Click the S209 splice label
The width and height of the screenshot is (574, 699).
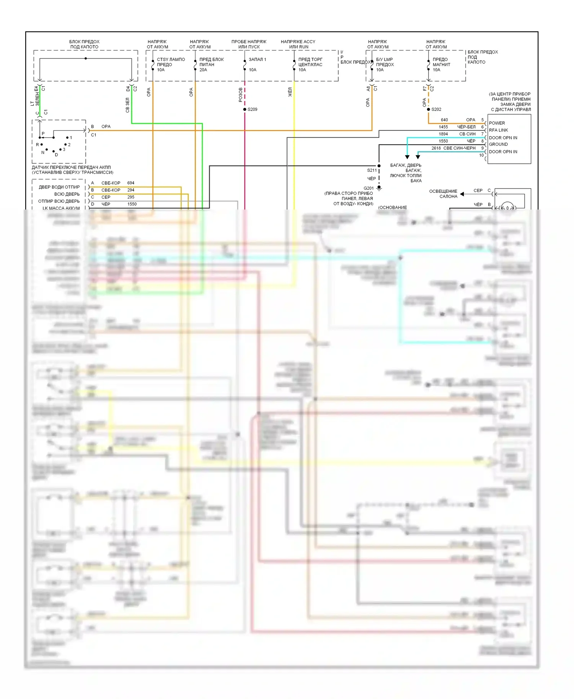[252, 109]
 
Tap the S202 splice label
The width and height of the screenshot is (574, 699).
[436, 109]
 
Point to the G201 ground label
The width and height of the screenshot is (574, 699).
[369, 188]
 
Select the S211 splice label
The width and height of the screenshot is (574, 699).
[372, 170]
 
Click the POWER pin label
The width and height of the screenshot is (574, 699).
[497, 123]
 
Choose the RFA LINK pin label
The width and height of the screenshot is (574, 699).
[498, 130]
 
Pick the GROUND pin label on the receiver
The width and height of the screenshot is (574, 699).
[498, 144]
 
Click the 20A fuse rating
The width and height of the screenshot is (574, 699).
[203, 70]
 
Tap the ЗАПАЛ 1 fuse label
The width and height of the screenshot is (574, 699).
[257, 60]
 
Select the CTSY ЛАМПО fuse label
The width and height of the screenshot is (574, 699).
[171, 60]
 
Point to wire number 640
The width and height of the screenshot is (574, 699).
[444, 120]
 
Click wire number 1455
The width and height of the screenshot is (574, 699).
[443, 127]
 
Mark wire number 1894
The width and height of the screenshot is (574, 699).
[443, 134]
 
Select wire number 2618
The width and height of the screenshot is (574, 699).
[436, 148]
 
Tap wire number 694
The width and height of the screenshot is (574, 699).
[131, 183]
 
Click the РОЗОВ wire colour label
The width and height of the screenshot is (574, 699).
[241, 95]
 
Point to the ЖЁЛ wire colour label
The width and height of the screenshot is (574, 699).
[290, 92]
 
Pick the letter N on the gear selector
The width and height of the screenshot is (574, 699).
[43, 153]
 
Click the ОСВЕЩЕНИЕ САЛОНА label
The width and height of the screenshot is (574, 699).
[443, 194]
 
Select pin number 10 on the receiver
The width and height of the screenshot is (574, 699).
[481, 155]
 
